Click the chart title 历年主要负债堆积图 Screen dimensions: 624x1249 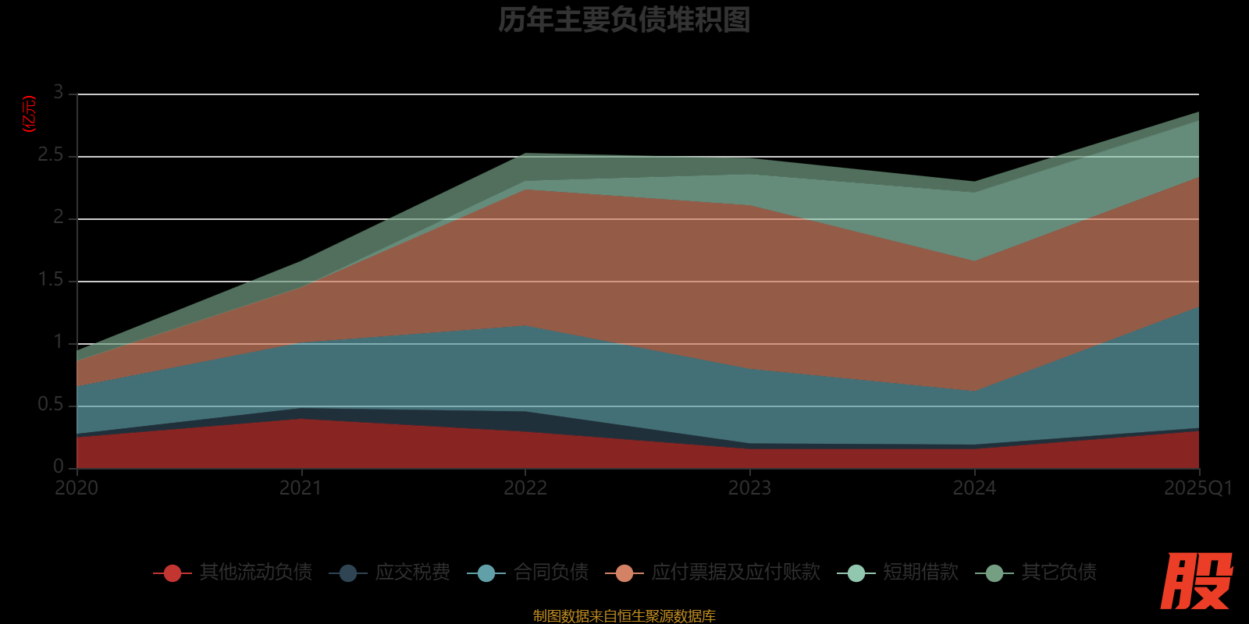coord(624,20)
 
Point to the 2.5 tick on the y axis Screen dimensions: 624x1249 coord(51,155)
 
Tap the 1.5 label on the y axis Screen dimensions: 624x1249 coord(51,280)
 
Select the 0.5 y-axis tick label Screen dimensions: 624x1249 coord(51,405)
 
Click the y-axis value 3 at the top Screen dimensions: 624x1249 coord(59,93)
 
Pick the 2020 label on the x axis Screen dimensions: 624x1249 coord(77,488)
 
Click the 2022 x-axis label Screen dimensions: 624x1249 coord(525,488)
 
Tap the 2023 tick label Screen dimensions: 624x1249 coord(749,488)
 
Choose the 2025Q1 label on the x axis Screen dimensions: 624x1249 coord(1198,488)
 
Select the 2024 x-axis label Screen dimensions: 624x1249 coord(974,488)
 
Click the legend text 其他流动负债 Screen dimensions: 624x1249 coord(255,573)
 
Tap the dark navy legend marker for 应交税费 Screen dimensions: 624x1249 coord(348,573)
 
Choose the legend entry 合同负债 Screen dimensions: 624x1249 coord(551,573)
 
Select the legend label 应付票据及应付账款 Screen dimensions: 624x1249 coord(735,573)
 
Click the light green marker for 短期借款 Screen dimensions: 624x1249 coord(856,573)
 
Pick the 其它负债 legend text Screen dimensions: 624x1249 coord(1059,573)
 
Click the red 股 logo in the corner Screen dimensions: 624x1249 coord(1196,582)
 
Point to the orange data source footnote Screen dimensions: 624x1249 coord(624,616)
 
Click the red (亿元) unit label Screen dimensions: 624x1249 coord(30,115)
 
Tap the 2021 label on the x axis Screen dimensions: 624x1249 coord(301,488)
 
